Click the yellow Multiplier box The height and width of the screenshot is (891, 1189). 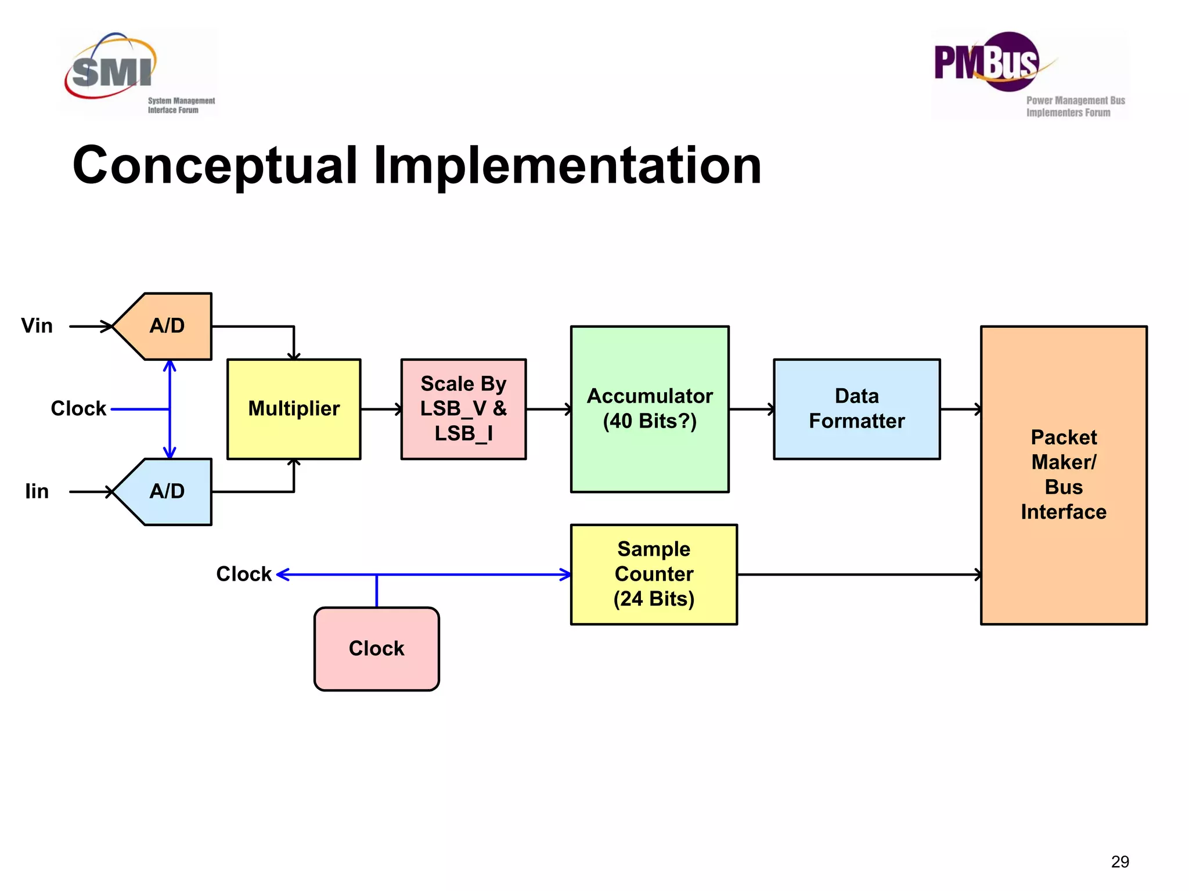tap(294, 409)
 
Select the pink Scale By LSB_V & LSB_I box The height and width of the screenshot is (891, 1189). tap(463, 409)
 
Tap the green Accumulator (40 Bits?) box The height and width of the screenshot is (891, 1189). tap(650, 409)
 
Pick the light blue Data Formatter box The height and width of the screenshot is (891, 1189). tap(856, 409)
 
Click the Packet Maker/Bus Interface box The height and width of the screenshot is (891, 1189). tap(1064, 475)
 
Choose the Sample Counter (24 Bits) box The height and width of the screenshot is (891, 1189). tap(654, 574)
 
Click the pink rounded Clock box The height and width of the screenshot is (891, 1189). tap(376, 649)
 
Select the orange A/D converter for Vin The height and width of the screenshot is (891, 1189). tap(167, 326)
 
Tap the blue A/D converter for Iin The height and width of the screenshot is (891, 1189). tap(167, 491)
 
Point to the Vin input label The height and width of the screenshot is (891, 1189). tap(37, 326)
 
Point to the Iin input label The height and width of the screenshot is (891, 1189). tap(37, 491)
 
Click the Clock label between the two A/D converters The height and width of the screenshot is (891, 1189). tap(78, 408)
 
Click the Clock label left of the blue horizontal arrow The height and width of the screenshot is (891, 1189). tap(243, 574)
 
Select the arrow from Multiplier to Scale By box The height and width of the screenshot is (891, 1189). tap(381, 409)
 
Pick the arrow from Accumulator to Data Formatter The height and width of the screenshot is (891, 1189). tap(751, 409)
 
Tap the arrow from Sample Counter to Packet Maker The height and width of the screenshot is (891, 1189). tap(859, 574)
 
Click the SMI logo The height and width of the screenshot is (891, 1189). tap(139, 73)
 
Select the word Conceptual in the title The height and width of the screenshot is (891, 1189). tap(215, 166)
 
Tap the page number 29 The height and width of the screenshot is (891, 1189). tap(1120, 861)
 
